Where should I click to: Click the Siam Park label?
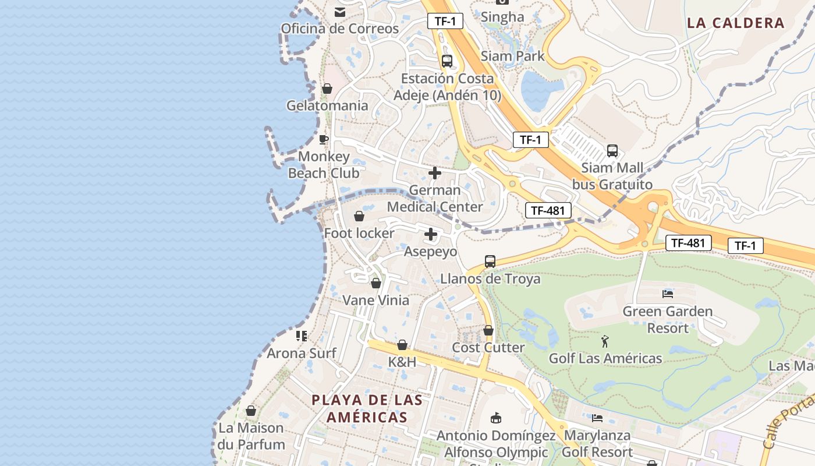512,56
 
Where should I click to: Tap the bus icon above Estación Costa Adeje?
447,61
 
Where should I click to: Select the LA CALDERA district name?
736,23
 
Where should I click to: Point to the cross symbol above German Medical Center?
434,173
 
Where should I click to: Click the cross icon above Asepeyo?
431,234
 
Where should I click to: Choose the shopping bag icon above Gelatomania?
327,89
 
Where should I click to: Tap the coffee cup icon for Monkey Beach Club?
324,139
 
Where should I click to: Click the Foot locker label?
359,233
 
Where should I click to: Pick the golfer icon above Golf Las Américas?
605,341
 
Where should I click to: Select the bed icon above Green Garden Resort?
668,294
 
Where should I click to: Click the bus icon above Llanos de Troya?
490,262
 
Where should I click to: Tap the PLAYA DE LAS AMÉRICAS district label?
367,408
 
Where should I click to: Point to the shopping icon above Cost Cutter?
488,330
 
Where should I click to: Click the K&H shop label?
402,362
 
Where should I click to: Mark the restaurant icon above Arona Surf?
302,336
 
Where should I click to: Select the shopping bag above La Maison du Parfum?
251,411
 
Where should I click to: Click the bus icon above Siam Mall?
612,151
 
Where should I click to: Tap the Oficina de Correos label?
340,29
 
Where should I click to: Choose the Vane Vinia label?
375,301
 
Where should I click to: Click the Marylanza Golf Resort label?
597,443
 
